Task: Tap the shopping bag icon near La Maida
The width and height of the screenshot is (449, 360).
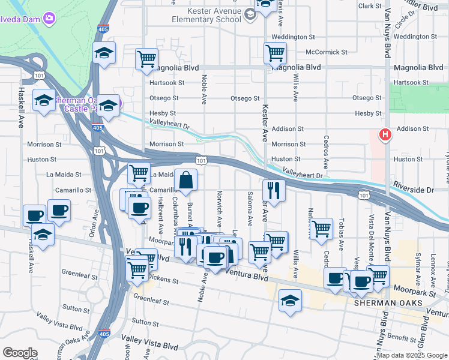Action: [186, 180]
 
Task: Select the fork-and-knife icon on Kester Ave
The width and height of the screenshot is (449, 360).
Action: [274, 191]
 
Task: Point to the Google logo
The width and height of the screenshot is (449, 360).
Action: [20, 353]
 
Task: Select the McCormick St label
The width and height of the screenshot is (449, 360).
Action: [326, 52]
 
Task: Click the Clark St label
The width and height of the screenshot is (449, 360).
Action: [369, 6]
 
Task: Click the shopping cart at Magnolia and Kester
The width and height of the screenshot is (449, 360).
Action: [275, 53]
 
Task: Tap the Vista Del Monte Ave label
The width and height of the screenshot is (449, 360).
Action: [372, 234]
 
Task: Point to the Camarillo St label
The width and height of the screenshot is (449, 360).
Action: [75, 190]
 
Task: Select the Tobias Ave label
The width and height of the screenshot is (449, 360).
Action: [341, 234]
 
